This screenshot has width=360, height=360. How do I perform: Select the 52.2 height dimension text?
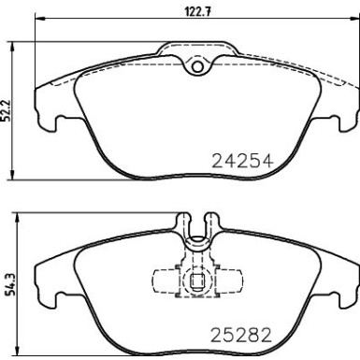(9, 110)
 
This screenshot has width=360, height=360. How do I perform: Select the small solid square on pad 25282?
(197, 279)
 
